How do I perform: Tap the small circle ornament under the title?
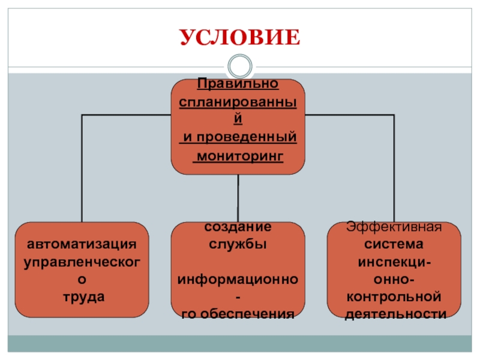(239, 65)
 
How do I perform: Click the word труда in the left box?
(82, 296)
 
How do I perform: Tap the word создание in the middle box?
(238, 227)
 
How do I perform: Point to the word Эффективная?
(394, 228)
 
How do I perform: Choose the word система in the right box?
(394, 245)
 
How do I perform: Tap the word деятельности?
(394, 313)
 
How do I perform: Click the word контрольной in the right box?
(394, 296)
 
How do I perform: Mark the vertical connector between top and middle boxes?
(238, 198)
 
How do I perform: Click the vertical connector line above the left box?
(82, 168)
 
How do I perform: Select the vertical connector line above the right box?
(394, 168)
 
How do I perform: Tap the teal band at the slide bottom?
(239, 344)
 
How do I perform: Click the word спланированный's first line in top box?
(238, 101)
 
